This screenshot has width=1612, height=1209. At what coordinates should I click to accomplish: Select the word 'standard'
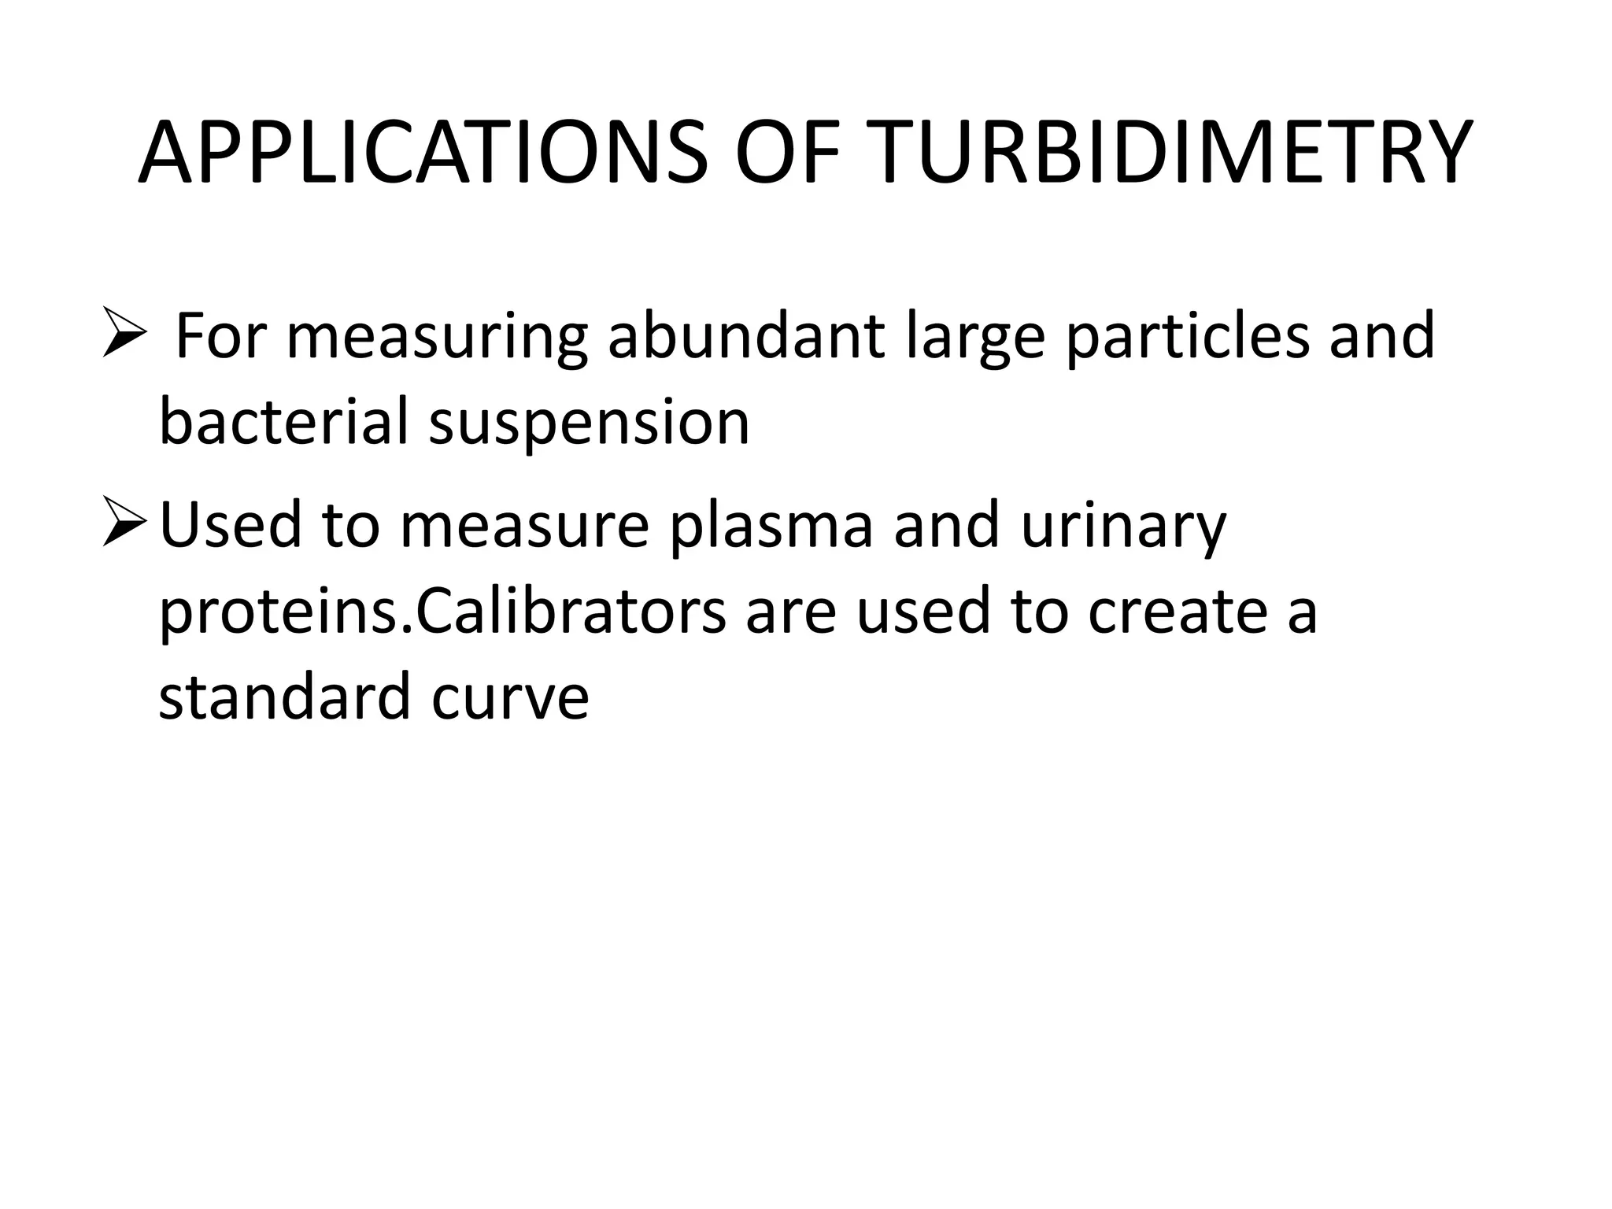(x=284, y=697)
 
